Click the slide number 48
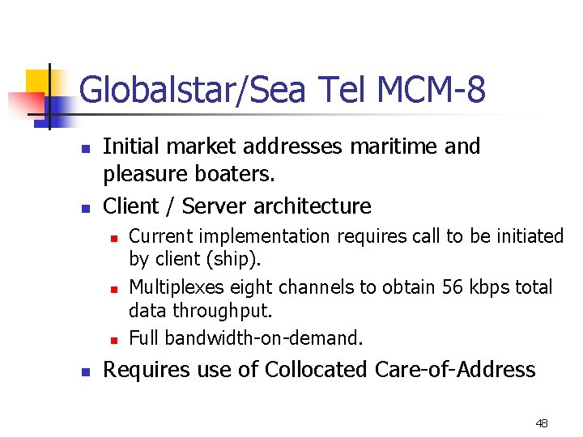(x=542, y=423)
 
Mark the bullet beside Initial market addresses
(x=83, y=149)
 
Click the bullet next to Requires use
(x=83, y=372)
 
